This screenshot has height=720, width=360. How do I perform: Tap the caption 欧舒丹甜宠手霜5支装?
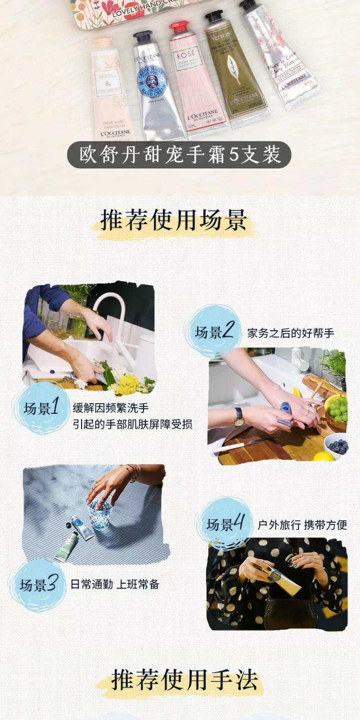pos(180,155)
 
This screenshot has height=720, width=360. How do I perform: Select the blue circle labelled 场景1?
pos(41,408)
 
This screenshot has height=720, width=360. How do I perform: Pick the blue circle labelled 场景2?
pos(214,332)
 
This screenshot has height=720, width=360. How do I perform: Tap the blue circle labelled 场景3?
pos(38,585)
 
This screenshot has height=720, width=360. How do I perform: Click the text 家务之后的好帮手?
pos(291,333)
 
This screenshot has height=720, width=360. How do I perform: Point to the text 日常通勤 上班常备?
pos(115,584)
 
